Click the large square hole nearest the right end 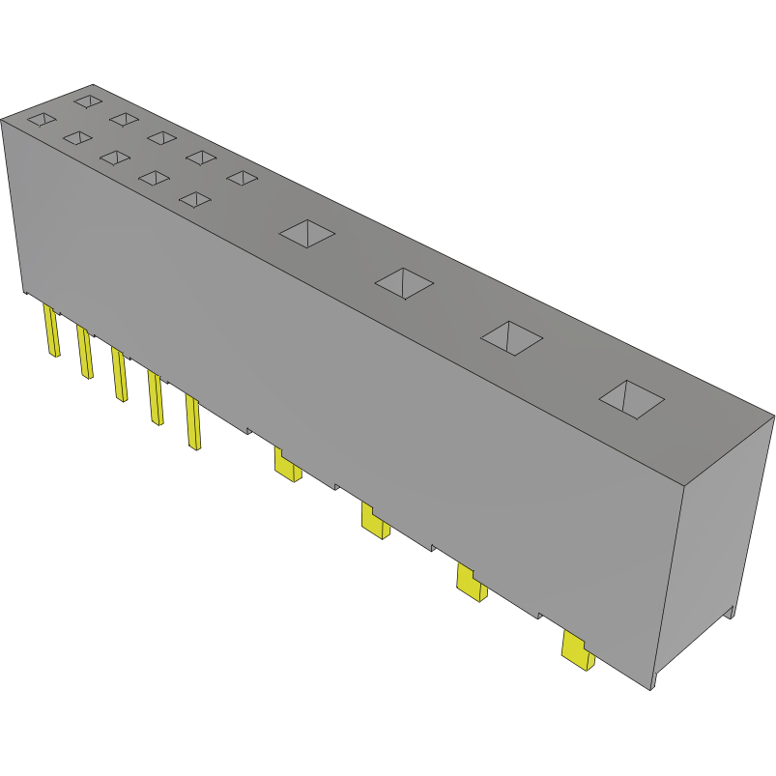click(632, 398)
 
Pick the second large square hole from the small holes click(404, 282)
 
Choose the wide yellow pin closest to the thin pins click(287, 466)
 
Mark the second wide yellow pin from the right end click(471, 584)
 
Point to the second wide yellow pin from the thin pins click(374, 521)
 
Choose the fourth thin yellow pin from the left click(155, 398)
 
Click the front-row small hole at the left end click(41, 120)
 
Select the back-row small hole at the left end click(87, 100)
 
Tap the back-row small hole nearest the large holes click(242, 177)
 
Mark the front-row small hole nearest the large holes click(195, 199)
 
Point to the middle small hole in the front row click(115, 158)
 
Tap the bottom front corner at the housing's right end click(651, 689)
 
